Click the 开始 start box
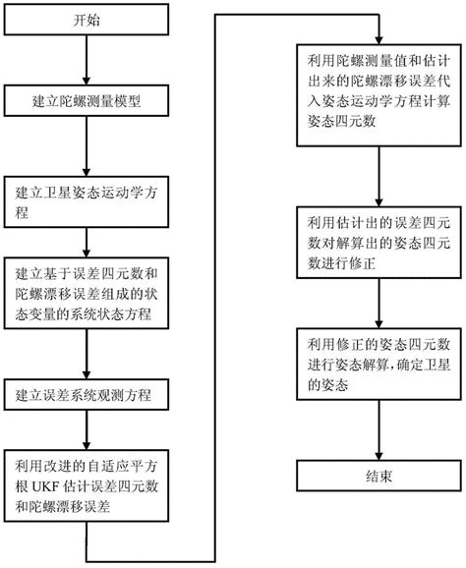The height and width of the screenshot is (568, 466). tap(87, 19)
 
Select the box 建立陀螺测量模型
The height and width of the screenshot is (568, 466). tap(87, 100)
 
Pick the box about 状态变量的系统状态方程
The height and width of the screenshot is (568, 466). tap(87, 292)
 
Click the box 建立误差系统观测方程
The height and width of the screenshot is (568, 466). tap(87, 394)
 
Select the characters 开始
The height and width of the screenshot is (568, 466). tap(87, 19)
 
